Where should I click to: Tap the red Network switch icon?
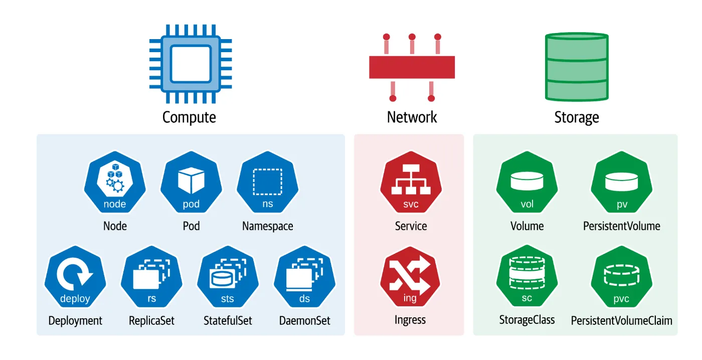pos(412,67)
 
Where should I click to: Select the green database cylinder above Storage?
pos(577,67)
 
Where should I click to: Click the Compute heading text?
pos(189,117)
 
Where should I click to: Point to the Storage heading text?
pos(577,117)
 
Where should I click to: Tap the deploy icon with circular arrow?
pos(75,278)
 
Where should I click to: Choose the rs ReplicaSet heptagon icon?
pos(151,278)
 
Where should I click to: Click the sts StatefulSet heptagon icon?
pos(228,278)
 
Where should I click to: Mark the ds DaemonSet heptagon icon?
pos(304,278)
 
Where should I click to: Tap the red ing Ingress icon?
pos(410,278)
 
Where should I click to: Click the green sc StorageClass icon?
pos(527,278)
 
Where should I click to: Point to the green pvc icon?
pos(622,278)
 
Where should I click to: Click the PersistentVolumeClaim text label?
pos(622,320)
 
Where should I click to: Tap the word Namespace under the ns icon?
pos(267,226)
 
